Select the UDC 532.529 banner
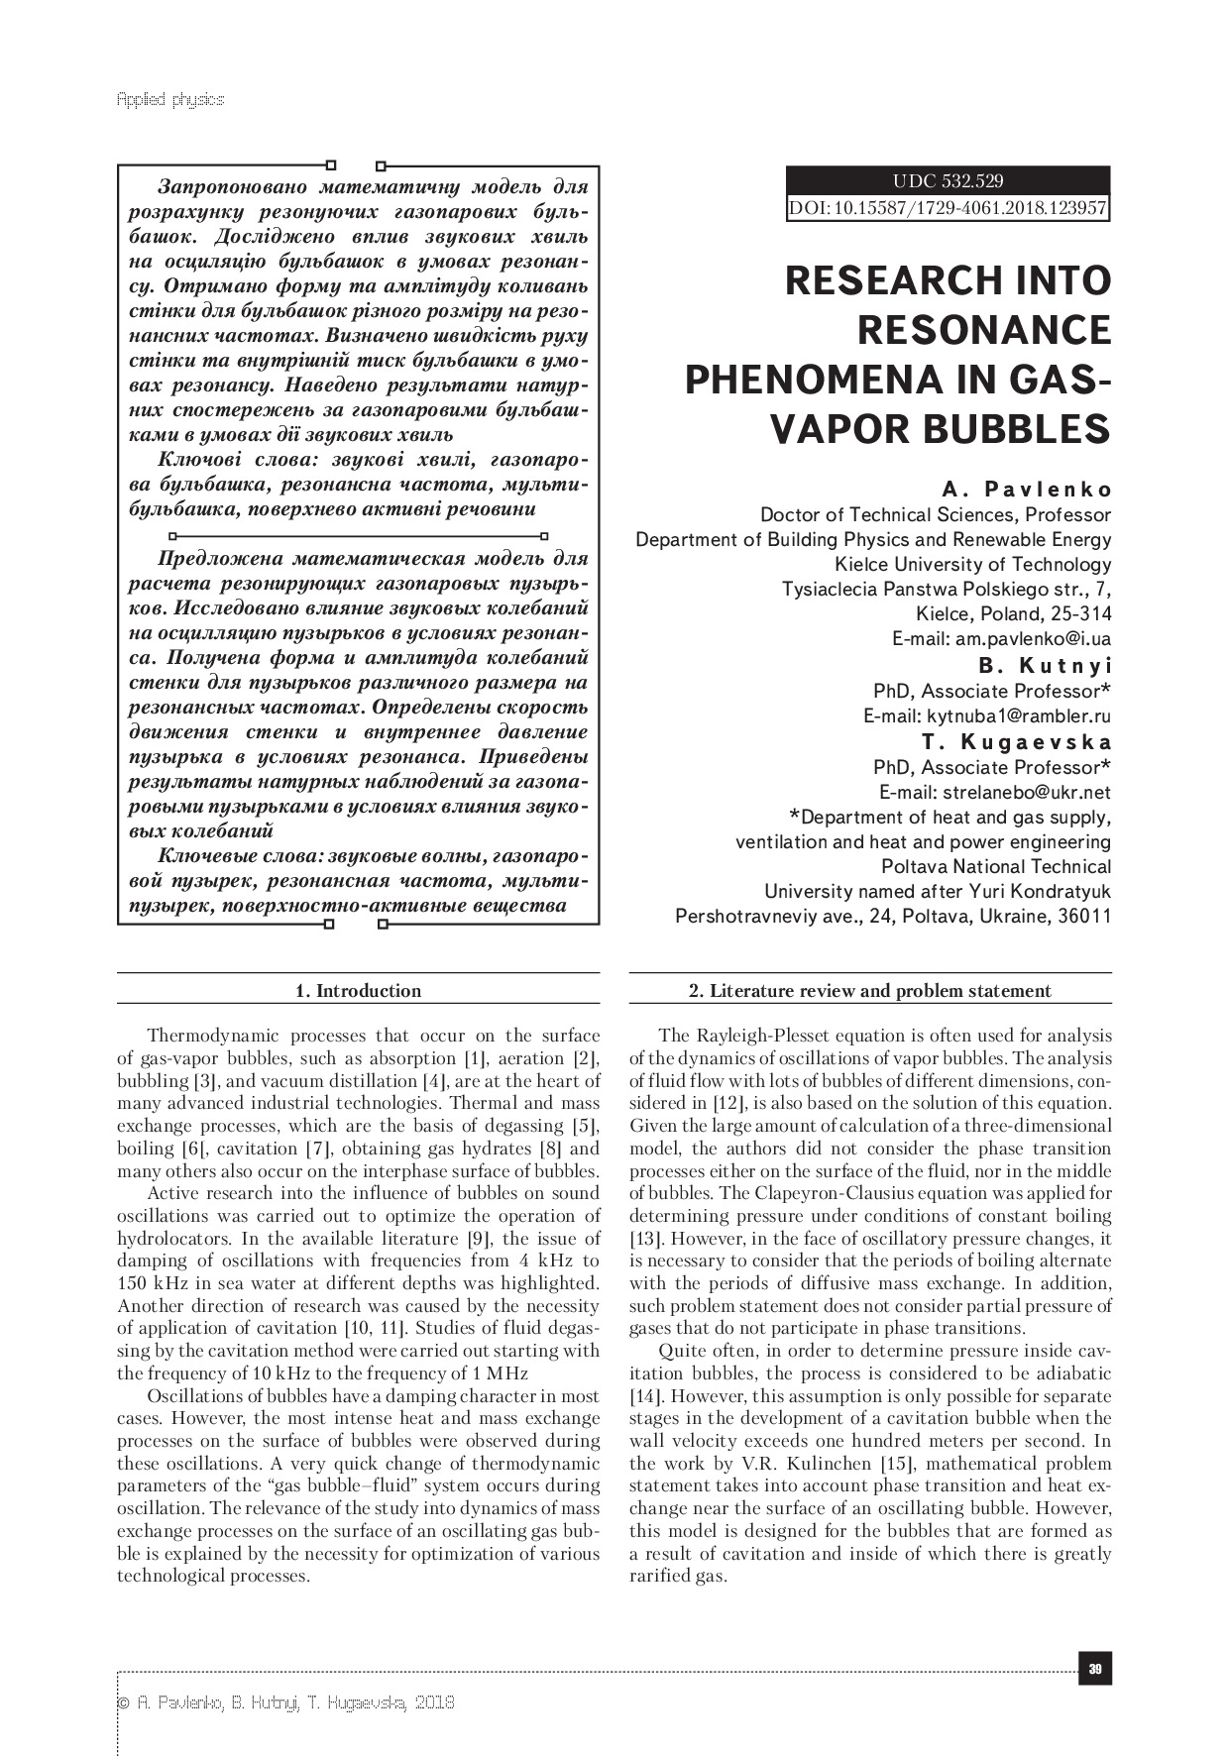click(x=948, y=181)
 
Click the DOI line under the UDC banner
click(x=948, y=208)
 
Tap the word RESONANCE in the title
click(x=983, y=330)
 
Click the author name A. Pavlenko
click(x=1027, y=490)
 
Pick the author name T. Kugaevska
click(x=1016, y=742)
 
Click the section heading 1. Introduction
click(x=358, y=990)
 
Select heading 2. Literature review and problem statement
click(x=869, y=990)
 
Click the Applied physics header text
click(x=170, y=100)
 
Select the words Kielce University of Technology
click(x=972, y=565)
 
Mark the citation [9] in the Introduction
click(x=476, y=1239)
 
